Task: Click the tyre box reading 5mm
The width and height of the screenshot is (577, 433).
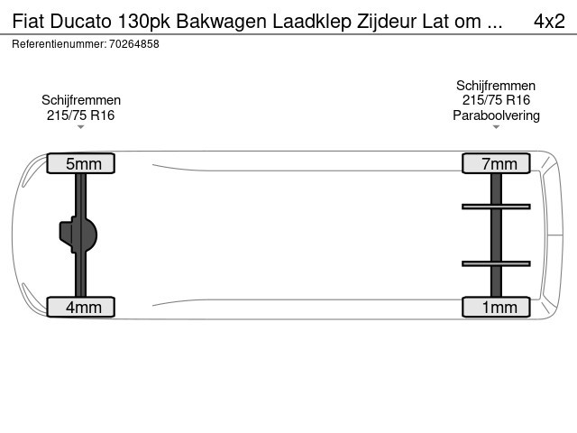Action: [x=80, y=163]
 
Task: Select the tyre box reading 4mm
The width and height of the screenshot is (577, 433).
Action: [x=80, y=307]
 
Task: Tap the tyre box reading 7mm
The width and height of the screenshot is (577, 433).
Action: [x=496, y=163]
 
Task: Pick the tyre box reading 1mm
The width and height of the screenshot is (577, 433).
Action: [x=496, y=307]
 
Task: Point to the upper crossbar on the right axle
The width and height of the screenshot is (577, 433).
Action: [x=496, y=207]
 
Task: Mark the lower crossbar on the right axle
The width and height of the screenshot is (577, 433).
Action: [x=496, y=263]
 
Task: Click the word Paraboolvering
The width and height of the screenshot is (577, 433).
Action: [x=496, y=115]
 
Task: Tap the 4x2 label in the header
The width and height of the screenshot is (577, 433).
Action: [x=549, y=22]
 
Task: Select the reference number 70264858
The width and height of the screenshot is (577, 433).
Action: [x=134, y=44]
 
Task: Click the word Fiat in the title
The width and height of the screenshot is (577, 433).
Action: [x=28, y=22]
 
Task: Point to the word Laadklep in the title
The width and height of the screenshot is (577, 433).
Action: [x=312, y=22]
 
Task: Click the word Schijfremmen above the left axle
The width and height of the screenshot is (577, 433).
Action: [x=81, y=100]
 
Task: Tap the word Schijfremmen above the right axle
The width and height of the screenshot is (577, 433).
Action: [x=496, y=86]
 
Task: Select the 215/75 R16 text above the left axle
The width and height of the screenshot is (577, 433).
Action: [x=80, y=115]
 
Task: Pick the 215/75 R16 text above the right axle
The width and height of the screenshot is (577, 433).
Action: [x=496, y=100]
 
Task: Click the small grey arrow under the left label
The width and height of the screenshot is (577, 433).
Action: [x=80, y=127]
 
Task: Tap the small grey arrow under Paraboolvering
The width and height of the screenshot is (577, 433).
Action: [x=496, y=127]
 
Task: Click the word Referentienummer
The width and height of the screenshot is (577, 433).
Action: [x=60, y=44]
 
